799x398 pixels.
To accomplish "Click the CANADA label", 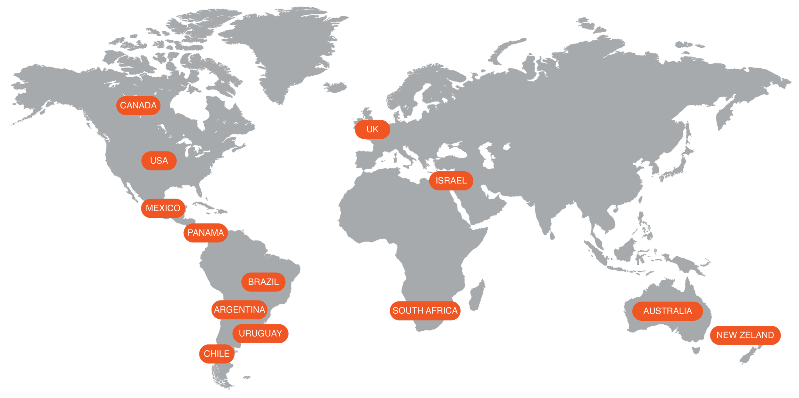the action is click(138, 105).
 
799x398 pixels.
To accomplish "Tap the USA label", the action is click(159, 160).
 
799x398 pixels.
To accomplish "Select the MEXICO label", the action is click(163, 208).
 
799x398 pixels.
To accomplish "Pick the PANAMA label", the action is click(206, 233).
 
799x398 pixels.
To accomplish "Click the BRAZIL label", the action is click(263, 282).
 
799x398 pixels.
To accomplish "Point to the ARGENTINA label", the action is click(239, 309).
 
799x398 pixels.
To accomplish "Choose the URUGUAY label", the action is click(260, 333).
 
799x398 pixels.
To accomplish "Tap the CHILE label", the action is click(217, 354).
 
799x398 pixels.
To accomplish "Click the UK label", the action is click(372, 129).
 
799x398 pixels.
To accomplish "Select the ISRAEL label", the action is click(451, 181).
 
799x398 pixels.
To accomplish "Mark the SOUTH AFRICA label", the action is click(425, 310).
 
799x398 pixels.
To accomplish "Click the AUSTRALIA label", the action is click(667, 311).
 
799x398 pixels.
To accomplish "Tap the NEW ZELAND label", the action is click(745, 335).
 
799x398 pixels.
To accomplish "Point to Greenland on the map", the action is click(281, 48).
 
